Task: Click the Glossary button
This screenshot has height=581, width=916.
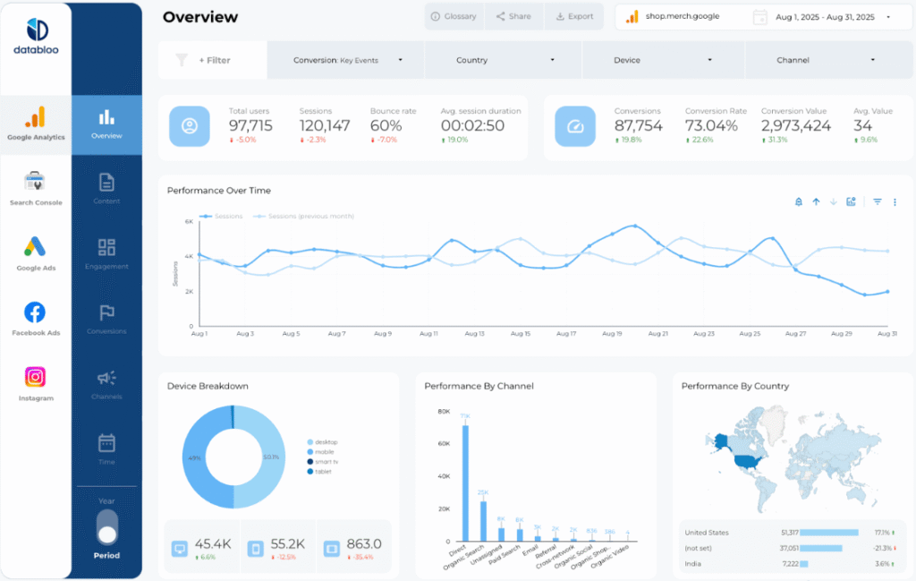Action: pos(454,16)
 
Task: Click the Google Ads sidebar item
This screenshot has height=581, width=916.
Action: pos(36,253)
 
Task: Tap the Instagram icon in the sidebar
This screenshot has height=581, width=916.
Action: pos(35,377)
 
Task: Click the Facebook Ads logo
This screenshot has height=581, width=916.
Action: pos(35,312)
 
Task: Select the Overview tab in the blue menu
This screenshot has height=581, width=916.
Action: pos(106,125)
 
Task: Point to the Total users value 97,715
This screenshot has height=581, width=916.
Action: pos(250,126)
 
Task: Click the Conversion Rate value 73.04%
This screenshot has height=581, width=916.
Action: pos(711,126)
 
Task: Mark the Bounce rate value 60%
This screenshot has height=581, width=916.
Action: pos(386,126)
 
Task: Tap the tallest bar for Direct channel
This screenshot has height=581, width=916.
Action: pos(465,483)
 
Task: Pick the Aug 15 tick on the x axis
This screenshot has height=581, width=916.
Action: pos(521,334)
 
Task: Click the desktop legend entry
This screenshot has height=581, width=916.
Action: pos(326,442)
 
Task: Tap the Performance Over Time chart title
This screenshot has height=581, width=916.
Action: pos(218,191)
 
